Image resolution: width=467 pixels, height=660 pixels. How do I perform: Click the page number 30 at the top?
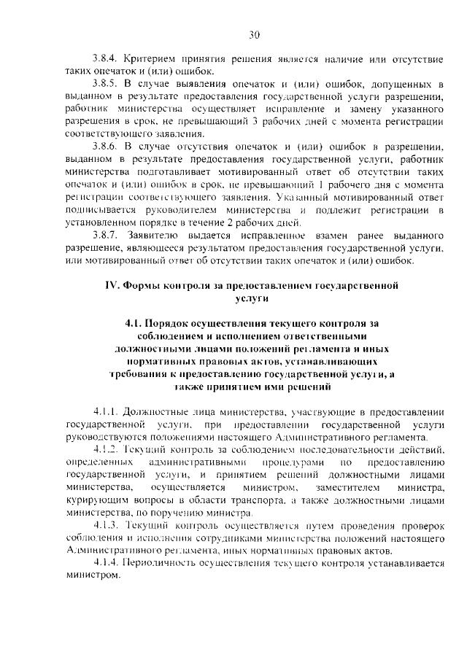coord(254,34)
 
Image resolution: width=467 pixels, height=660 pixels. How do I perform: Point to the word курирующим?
coord(93,500)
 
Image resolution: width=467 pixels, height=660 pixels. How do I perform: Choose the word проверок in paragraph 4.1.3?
coord(420,526)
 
